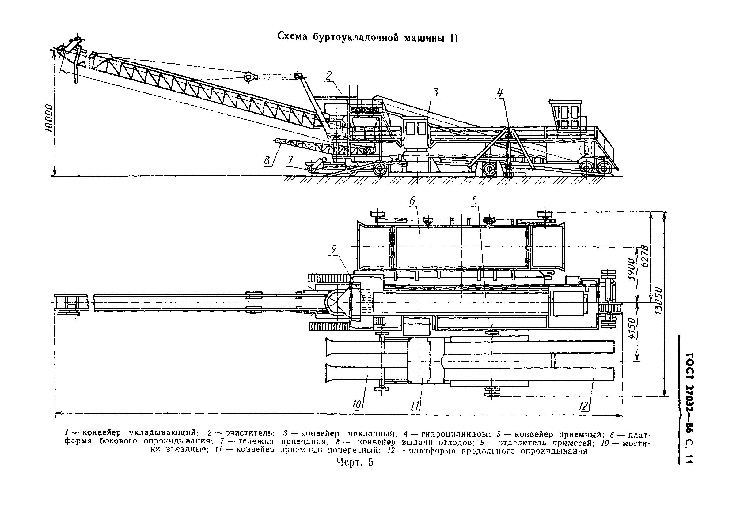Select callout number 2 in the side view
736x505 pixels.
coord(329,76)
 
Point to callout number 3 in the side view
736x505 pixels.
coord(436,93)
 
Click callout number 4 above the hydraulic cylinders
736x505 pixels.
coord(500,93)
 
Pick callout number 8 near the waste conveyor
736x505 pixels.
coord(267,161)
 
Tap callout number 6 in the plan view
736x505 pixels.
coord(412,202)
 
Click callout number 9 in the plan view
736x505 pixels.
coord(334,250)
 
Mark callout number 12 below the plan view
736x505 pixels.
coord(583,406)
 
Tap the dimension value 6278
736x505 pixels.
coord(645,256)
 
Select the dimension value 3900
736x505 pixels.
coord(632,270)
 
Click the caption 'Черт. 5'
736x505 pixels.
coord(355,462)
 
